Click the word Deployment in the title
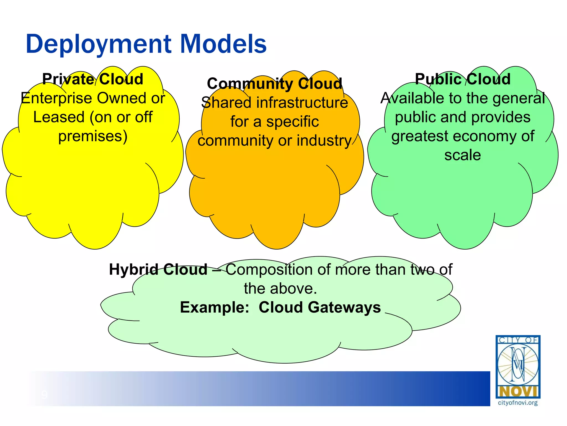click(99, 44)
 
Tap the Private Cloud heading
click(93, 79)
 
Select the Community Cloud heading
click(275, 83)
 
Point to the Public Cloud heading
click(463, 79)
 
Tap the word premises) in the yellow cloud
click(93, 136)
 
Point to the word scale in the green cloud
click(463, 155)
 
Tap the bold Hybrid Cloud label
click(158, 269)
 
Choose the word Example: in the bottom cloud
click(215, 307)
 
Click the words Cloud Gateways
click(320, 307)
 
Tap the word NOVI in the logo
click(518, 392)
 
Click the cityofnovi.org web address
click(518, 403)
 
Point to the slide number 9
click(44, 394)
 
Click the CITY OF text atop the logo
click(518, 340)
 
